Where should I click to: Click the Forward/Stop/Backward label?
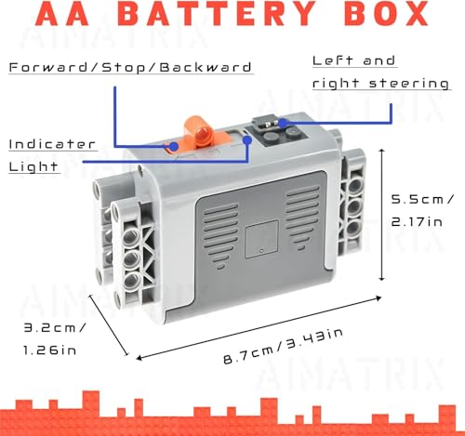coord(130,67)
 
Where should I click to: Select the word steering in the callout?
coord(409,83)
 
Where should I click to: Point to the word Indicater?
coord(52,144)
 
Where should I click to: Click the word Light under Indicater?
coord(33,166)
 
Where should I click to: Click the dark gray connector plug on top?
coord(267,124)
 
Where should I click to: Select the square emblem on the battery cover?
coord(261,239)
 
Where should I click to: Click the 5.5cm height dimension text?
coord(421,199)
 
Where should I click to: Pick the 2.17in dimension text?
coord(417,222)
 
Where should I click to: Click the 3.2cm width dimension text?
coord(54,327)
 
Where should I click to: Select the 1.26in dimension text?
coord(49,350)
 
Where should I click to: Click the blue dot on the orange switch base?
coord(174,147)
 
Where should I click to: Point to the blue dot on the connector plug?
coord(283,123)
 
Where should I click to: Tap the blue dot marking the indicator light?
coord(247,140)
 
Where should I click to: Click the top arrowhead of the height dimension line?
coord(382,150)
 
